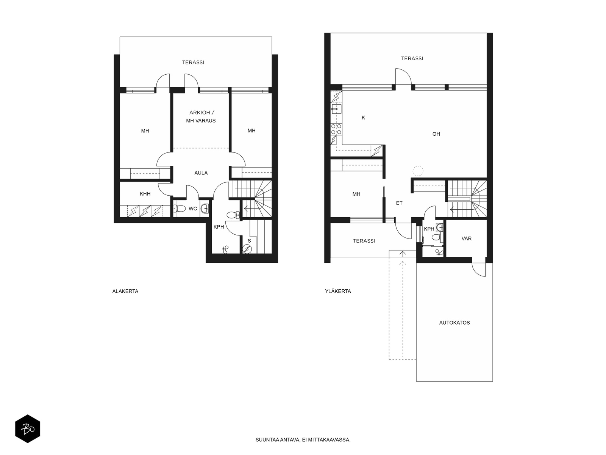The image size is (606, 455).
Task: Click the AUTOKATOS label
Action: pyautogui.click(x=454, y=322)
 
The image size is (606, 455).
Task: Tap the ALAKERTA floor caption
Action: pyautogui.click(x=125, y=291)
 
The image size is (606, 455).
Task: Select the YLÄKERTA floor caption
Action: pyautogui.click(x=338, y=291)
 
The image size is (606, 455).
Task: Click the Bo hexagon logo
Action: pyautogui.click(x=28, y=428)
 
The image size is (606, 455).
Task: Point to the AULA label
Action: pyautogui.click(x=201, y=173)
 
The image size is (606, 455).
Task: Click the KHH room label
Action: pyautogui.click(x=145, y=194)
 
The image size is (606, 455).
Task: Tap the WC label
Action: pyautogui.click(x=193, y=209)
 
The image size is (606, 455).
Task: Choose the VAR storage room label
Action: pyautogui.click(x=466, y=238)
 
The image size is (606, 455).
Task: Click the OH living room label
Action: pyautogui.click(x=436, y=134)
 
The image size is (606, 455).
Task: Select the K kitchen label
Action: pyautogui.click(x=363, y=118)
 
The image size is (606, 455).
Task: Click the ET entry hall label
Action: pyautogui.click(x=399, y=203)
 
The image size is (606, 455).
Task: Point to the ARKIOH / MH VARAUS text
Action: pyautogui.click(x=201, y=116)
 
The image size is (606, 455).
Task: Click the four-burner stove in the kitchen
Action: pyautogui.click(x=336, y=129)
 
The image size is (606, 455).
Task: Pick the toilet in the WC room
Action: pyautogui.click(x=180, y=208)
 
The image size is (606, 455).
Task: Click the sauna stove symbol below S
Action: pyautogui.click(x=247, y=249)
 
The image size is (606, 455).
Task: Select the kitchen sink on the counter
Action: pyautogui.click(x=336, y=109)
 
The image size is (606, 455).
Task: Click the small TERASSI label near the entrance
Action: pyautogui.click(x=364, y=241)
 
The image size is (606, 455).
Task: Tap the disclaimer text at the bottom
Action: pyautogui.click(x=303, y=440)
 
